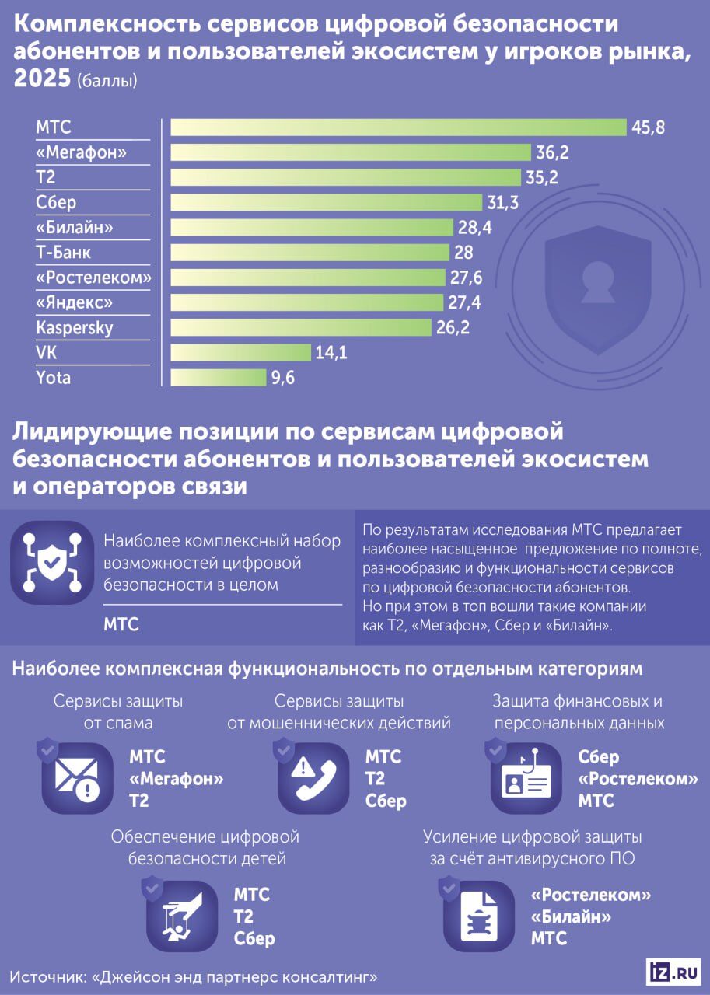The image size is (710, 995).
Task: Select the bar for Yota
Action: [218, 378]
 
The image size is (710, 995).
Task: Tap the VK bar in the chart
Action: [240, 353]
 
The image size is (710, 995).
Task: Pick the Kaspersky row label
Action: [75, 328]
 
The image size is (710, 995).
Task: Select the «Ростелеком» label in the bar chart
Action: [93, 278]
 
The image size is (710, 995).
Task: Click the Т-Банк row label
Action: [64, 253]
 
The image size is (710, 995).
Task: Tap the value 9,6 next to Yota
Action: [283, 379]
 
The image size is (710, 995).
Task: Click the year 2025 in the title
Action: [41, 79]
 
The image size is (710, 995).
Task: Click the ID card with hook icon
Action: [526, 778]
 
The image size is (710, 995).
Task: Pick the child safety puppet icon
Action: [182, 916]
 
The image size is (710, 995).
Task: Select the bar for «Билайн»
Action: [312, 228]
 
